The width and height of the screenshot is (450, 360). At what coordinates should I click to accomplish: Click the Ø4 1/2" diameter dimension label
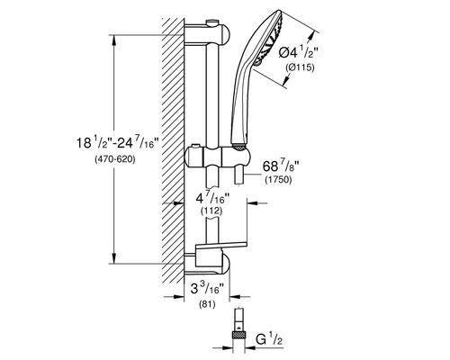click(x=299, y=53)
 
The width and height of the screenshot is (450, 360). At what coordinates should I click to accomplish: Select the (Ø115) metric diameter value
click(x=300, y=67)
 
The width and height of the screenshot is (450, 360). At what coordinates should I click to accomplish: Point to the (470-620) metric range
click(x=115, y=159)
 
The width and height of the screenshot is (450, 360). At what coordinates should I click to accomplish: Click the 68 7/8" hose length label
click(x=281, y=166)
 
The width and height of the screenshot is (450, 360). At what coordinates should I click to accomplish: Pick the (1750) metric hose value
click(x=278, y=180)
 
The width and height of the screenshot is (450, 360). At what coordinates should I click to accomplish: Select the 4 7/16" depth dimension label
click(x=212, y=198)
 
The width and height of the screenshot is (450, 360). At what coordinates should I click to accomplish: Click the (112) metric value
click(x=211, y=211)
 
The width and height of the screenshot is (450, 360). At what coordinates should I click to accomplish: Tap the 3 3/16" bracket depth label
click(x=207, y=289)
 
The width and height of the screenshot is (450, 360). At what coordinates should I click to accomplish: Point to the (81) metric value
click(x=207, y=305)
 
